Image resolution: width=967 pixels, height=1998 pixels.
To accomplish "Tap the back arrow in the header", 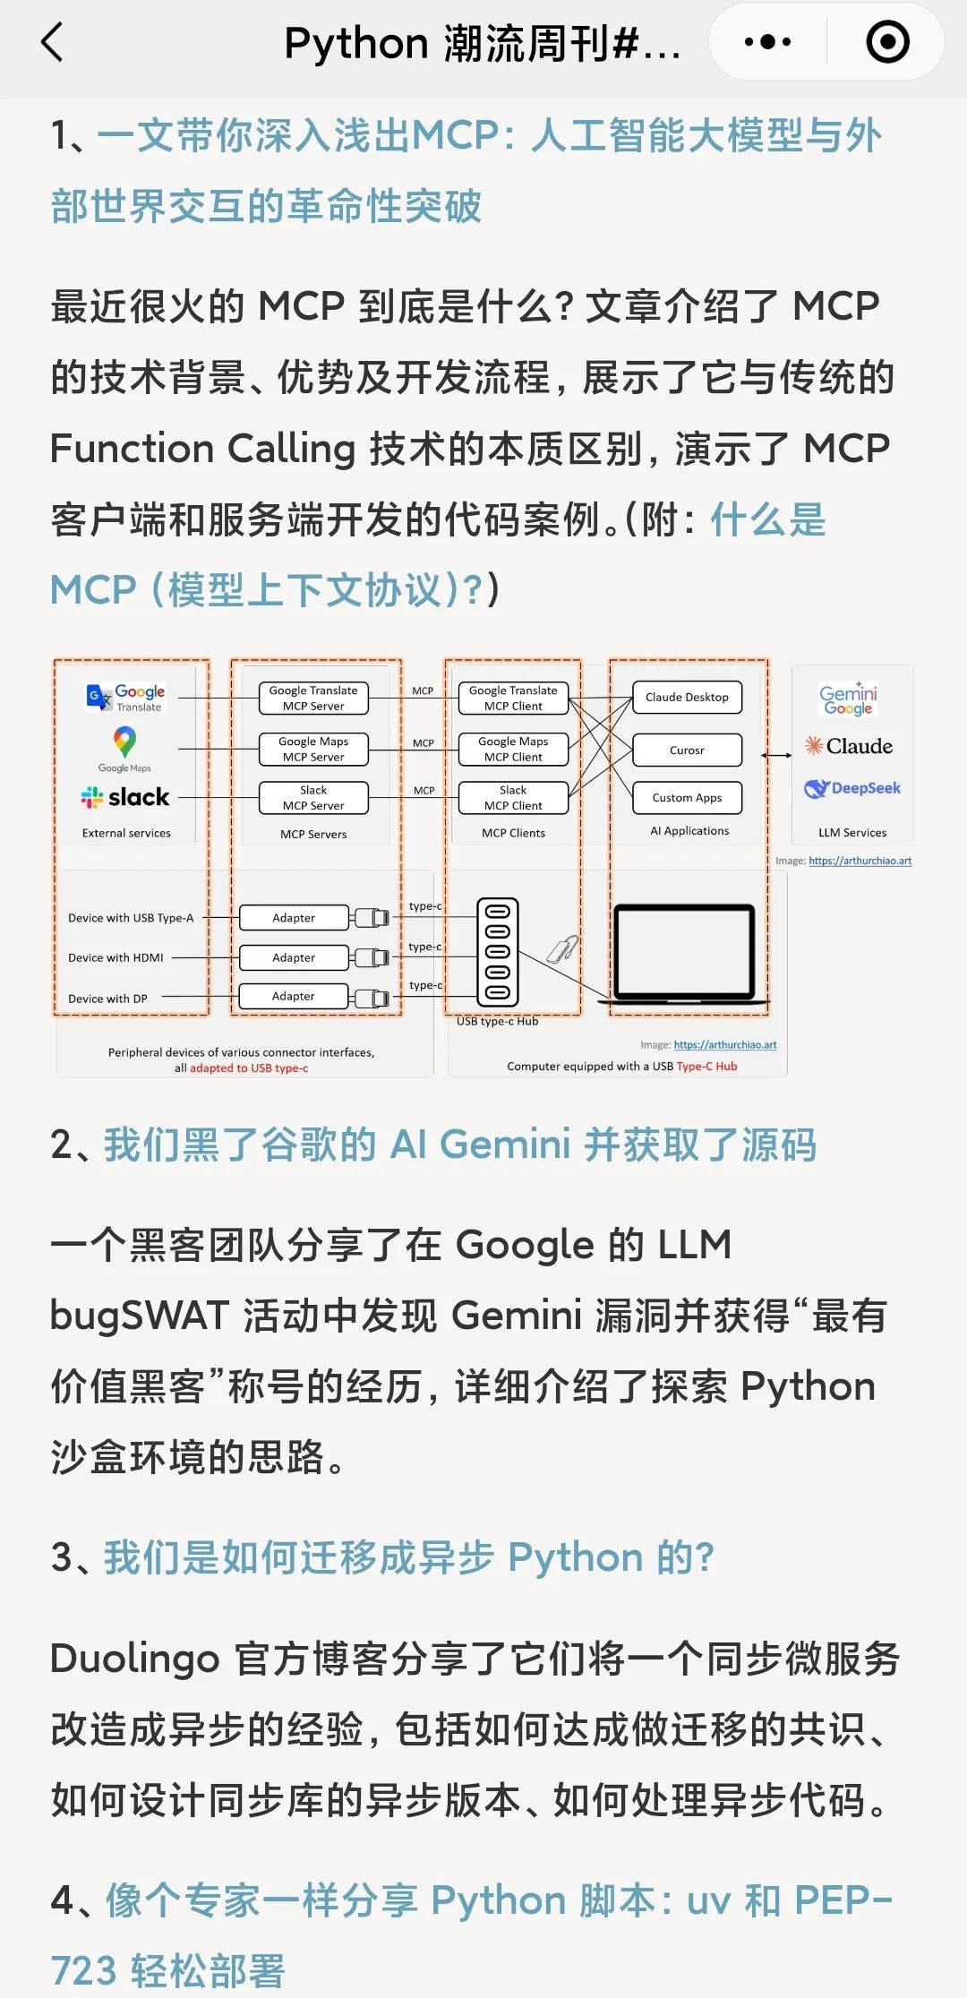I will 53,42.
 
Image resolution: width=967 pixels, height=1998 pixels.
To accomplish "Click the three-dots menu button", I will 767,42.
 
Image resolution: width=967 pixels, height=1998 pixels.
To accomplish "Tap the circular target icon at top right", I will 887,42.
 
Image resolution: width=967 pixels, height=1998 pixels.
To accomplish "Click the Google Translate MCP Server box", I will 313,699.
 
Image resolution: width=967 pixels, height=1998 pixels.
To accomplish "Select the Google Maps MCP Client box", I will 513,749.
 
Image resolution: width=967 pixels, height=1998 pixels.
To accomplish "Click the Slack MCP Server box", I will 313,798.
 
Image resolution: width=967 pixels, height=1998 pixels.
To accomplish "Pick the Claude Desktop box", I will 687,697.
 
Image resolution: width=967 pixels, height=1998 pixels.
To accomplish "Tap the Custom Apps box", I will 687,797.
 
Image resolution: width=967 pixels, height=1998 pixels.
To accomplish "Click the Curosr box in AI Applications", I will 687,750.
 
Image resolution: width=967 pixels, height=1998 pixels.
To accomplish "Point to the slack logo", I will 125,796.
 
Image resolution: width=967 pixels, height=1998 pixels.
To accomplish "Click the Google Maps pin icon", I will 124,742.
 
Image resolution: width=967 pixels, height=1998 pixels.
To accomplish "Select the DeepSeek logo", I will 852,788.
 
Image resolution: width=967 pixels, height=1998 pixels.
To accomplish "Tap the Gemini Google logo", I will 848,699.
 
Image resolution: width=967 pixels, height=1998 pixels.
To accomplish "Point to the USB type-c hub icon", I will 498,952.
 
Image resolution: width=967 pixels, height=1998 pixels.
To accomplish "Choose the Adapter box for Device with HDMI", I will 294,957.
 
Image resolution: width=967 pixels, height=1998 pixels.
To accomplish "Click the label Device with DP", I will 107,999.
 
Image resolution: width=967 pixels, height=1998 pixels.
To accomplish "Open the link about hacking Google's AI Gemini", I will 459,1145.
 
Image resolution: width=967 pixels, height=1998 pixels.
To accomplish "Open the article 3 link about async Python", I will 408,1557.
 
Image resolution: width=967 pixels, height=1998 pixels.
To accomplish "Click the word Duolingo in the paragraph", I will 134,1659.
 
